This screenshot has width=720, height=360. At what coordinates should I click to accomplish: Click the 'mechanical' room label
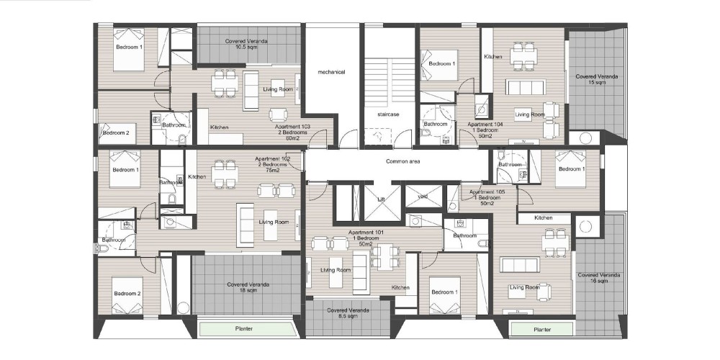pos(331,72)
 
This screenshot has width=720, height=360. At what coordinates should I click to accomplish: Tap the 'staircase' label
pos(389,114)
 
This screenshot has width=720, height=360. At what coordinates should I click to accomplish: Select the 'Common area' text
pos(402,161)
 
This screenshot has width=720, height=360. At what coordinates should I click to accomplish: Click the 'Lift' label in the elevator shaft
pos(381,199)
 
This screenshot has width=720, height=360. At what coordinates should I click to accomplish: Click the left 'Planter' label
pos(244,329)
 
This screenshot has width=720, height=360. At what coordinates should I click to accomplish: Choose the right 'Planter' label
pos(542,330)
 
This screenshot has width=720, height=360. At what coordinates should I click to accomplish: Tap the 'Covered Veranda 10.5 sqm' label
pos(246,44)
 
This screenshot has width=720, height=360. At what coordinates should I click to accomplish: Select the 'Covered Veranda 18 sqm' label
pos(248,287)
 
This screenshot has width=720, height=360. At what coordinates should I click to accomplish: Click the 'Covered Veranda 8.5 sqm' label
pos(348,314)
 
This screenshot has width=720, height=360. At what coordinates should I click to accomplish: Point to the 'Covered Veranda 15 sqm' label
pos(596,79)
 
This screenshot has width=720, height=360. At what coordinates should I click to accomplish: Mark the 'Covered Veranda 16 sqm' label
pos(599,278)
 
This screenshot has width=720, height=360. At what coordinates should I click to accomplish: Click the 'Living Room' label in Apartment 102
pos(274,222)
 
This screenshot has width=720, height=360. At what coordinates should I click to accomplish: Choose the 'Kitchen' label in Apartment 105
pos(543,218)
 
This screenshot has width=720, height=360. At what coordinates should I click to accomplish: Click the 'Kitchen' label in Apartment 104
pos(492,57)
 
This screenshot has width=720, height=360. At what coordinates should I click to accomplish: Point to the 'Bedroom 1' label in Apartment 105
pos(572,169)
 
